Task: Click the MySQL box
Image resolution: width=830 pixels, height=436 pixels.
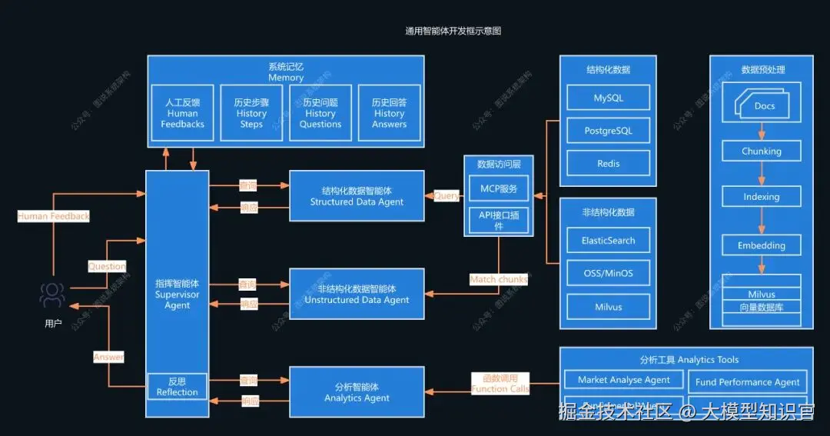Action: click(x=608, y=98)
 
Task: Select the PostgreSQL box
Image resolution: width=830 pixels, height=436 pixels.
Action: click(x=608, y=131)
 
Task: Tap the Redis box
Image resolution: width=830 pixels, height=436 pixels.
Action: click(x=608, y=164)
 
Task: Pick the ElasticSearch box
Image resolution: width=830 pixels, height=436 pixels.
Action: click(x=608, y=240)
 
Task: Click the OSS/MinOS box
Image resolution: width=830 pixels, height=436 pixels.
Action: click(x=608, y=273)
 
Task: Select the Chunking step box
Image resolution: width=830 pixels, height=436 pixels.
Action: click(x=761, y=151)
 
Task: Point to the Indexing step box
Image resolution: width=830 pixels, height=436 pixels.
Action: click(x=761, y=196)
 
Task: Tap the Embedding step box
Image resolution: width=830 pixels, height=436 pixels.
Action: click(x=761, y=245)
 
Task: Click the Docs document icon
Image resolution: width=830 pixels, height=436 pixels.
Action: click(x=763, y=105)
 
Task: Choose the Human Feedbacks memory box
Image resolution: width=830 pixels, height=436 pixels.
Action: click(x=182, y=113)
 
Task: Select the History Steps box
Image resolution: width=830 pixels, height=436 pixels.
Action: click(x=251, y=113)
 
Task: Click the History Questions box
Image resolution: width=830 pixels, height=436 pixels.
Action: click(x=320, y=113)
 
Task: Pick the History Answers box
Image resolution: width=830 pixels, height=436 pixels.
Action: click(x=389, y=113)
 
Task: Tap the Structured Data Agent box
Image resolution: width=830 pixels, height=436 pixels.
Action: click(x=357, y=196)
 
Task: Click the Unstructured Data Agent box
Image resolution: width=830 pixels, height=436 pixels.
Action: click(x=357, y=294)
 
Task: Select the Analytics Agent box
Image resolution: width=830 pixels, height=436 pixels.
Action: click(x=357, y=392)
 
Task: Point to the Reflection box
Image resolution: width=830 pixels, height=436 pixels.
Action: click(x=177, y=386)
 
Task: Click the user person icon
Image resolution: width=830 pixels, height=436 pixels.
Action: click(x=52, y=295)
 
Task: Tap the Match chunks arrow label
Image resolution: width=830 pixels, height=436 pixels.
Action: click(x=499, y=280)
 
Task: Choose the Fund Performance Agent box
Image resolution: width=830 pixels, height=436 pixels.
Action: click(x=747, y=381)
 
